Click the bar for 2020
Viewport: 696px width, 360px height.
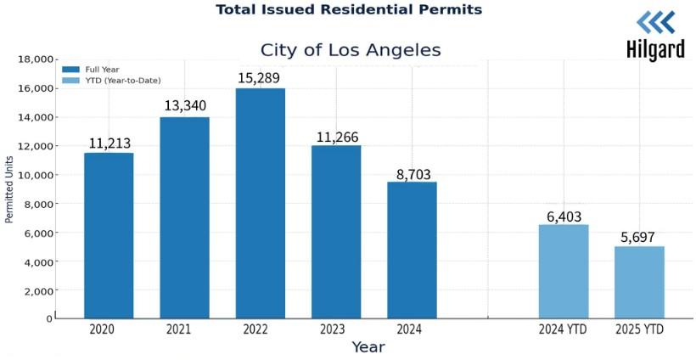[x=109, y=235]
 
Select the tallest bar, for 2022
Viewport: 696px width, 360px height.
[x=261, y=203]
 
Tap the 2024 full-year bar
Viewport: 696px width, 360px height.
[x=413, y=250]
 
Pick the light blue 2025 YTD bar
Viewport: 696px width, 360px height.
[x=639, y=282]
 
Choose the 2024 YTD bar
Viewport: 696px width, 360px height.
[x=564, y=271]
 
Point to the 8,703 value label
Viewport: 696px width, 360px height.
[x=413, y=174]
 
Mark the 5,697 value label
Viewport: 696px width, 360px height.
[x=639, y=238]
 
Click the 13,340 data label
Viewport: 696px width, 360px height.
[x=184, y=106]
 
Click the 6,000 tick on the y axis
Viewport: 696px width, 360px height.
[x=39, y=233]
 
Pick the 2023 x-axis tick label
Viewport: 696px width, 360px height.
[x=336, y=329]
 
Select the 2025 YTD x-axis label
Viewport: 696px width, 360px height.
[x=639, y=329]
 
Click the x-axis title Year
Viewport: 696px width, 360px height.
[x=368, y=347]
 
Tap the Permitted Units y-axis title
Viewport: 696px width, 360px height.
[x=10, y=188]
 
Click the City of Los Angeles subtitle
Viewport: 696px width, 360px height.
[x=351, y=50]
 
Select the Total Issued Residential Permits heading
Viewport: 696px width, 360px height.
[x=349, y=9]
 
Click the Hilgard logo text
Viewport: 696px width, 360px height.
[x=654, y=50]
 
